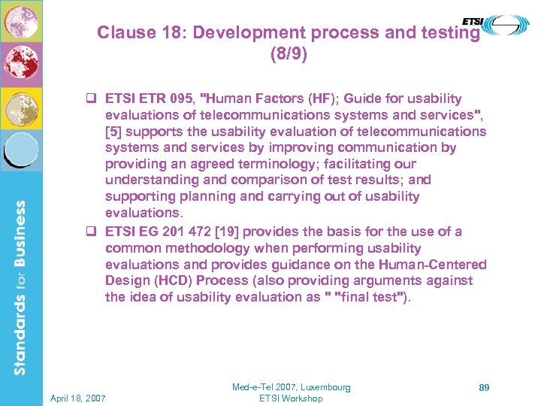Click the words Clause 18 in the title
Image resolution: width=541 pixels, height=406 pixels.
tap(138, 33)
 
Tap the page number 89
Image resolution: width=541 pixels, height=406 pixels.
tap(484, 387)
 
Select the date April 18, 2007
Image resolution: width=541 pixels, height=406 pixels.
tap(79, 397)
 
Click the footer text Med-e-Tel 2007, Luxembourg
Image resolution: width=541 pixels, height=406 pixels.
tap(291, 387)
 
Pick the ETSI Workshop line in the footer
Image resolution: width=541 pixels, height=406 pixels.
tap(291, 398)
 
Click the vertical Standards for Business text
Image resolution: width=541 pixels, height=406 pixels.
tap(22, 286)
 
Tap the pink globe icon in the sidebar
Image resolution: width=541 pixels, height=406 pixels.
tap(21, 20)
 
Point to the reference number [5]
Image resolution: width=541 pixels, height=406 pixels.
tap(113, 132)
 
